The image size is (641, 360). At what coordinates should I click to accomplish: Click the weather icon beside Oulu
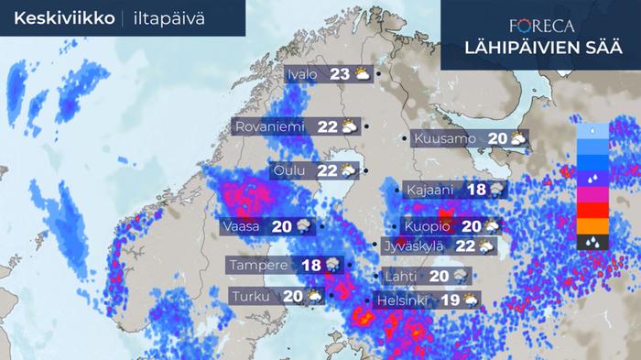pyautogui.click(x=349, y=170)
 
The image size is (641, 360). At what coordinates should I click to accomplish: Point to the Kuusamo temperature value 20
pyautogui.click(x=498, y=139)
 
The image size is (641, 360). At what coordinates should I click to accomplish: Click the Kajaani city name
pyautogui.click(x=431, y=191)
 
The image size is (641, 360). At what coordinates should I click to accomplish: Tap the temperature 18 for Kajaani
pyautogui.click(x=476, y=191)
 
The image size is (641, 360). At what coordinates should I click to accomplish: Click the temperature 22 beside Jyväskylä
pyautogui.click(x=464, y=245)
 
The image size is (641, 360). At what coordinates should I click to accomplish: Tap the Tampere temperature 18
pyautogui.click(x=311, y=265)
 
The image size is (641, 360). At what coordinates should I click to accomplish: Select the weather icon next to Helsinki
pyautogui.click(x=471, y=300)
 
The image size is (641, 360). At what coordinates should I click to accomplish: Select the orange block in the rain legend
pyautogui.click(x=593, y=226)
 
